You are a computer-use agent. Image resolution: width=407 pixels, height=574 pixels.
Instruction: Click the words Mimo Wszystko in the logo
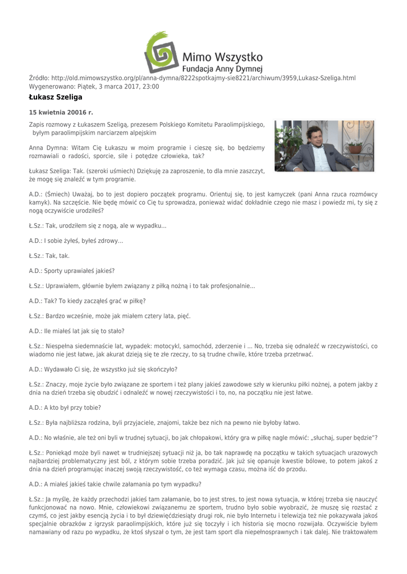(223, 57)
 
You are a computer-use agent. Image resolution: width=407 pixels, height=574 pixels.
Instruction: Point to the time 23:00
(151, 87)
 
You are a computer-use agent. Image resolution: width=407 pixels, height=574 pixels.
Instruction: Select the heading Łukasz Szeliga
(56, 98)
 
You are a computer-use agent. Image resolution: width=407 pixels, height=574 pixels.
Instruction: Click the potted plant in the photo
(354, 145)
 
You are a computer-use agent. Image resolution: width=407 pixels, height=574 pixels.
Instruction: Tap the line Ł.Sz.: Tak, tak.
(49, 256)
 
